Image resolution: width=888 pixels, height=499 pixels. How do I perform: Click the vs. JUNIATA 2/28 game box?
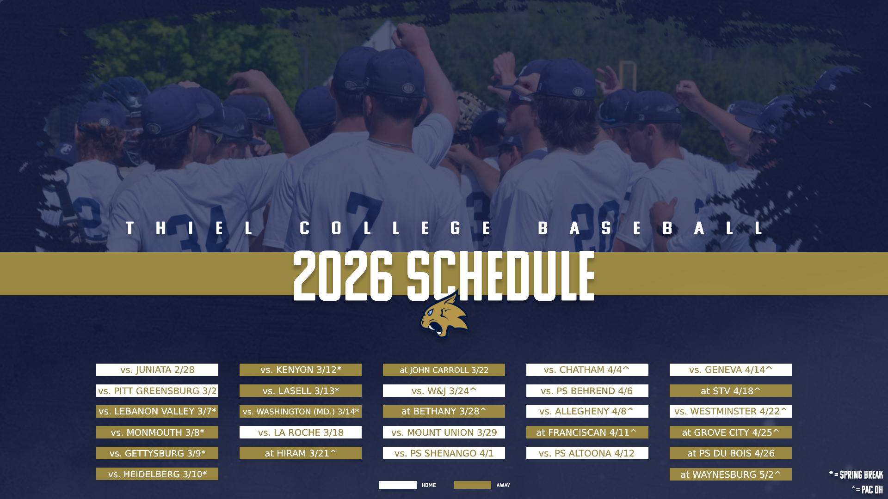coord(157,370)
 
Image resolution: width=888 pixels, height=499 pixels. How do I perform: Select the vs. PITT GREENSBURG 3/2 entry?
coord(157,391)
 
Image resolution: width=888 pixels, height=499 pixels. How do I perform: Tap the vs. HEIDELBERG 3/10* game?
coord(157,474)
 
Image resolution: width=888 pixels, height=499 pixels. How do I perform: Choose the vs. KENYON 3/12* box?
coord(301,370)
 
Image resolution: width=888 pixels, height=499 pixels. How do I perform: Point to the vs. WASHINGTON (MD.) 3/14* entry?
coord(301,412)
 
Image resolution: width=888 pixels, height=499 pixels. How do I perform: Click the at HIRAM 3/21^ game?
coord(301,453)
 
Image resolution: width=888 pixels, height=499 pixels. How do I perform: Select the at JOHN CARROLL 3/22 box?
coord(444,370)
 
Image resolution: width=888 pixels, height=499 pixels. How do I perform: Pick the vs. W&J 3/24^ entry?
coord(444,391)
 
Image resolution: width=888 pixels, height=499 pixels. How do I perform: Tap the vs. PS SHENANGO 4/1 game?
coord(444,453)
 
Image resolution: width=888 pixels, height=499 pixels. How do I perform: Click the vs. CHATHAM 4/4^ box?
coord(587,370)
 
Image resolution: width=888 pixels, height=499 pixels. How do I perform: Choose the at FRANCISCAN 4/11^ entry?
coord(587,432)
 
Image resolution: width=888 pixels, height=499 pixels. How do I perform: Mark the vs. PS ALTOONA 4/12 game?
coord(587,453)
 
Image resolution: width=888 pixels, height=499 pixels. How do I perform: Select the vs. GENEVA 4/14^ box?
coord(731,370)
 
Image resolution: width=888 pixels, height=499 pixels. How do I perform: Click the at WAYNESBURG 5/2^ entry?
coord(731,475)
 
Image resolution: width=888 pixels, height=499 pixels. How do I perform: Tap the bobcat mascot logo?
coord(444,316)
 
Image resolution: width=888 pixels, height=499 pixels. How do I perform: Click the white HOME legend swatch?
coord(398,485)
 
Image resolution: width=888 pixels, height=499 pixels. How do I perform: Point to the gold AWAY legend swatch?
coord(472,485)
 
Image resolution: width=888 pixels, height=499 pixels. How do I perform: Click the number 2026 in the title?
coord(343,276)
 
